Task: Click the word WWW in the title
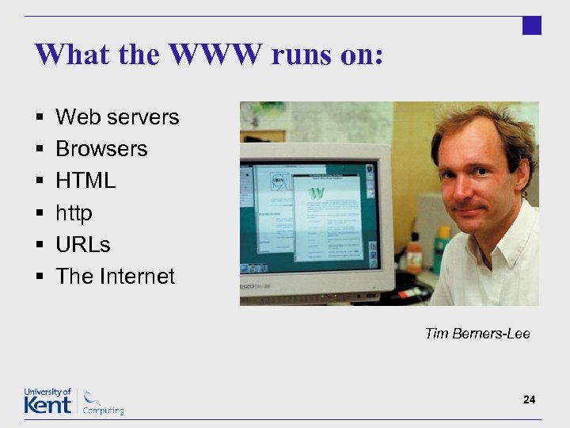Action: (x=215, y=55)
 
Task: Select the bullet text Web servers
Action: (x=117, y=117)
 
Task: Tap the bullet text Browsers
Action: (x=101, y=149)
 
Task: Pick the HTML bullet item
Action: (x=85, y=181)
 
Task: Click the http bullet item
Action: (x=74, y=212)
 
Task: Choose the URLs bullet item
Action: (x=83, y=244)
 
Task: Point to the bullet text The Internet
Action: (x=115, y=276)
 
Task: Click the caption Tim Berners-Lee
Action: (x=477, y=333)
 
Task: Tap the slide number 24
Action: (x=529, y=399)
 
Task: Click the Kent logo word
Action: (x=47, y=404)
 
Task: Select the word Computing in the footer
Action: (x=104, y=411)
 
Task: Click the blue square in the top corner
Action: (x=532, y=25)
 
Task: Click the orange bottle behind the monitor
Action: (x=413, y=254)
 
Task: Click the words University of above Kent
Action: (x=47, y=392)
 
